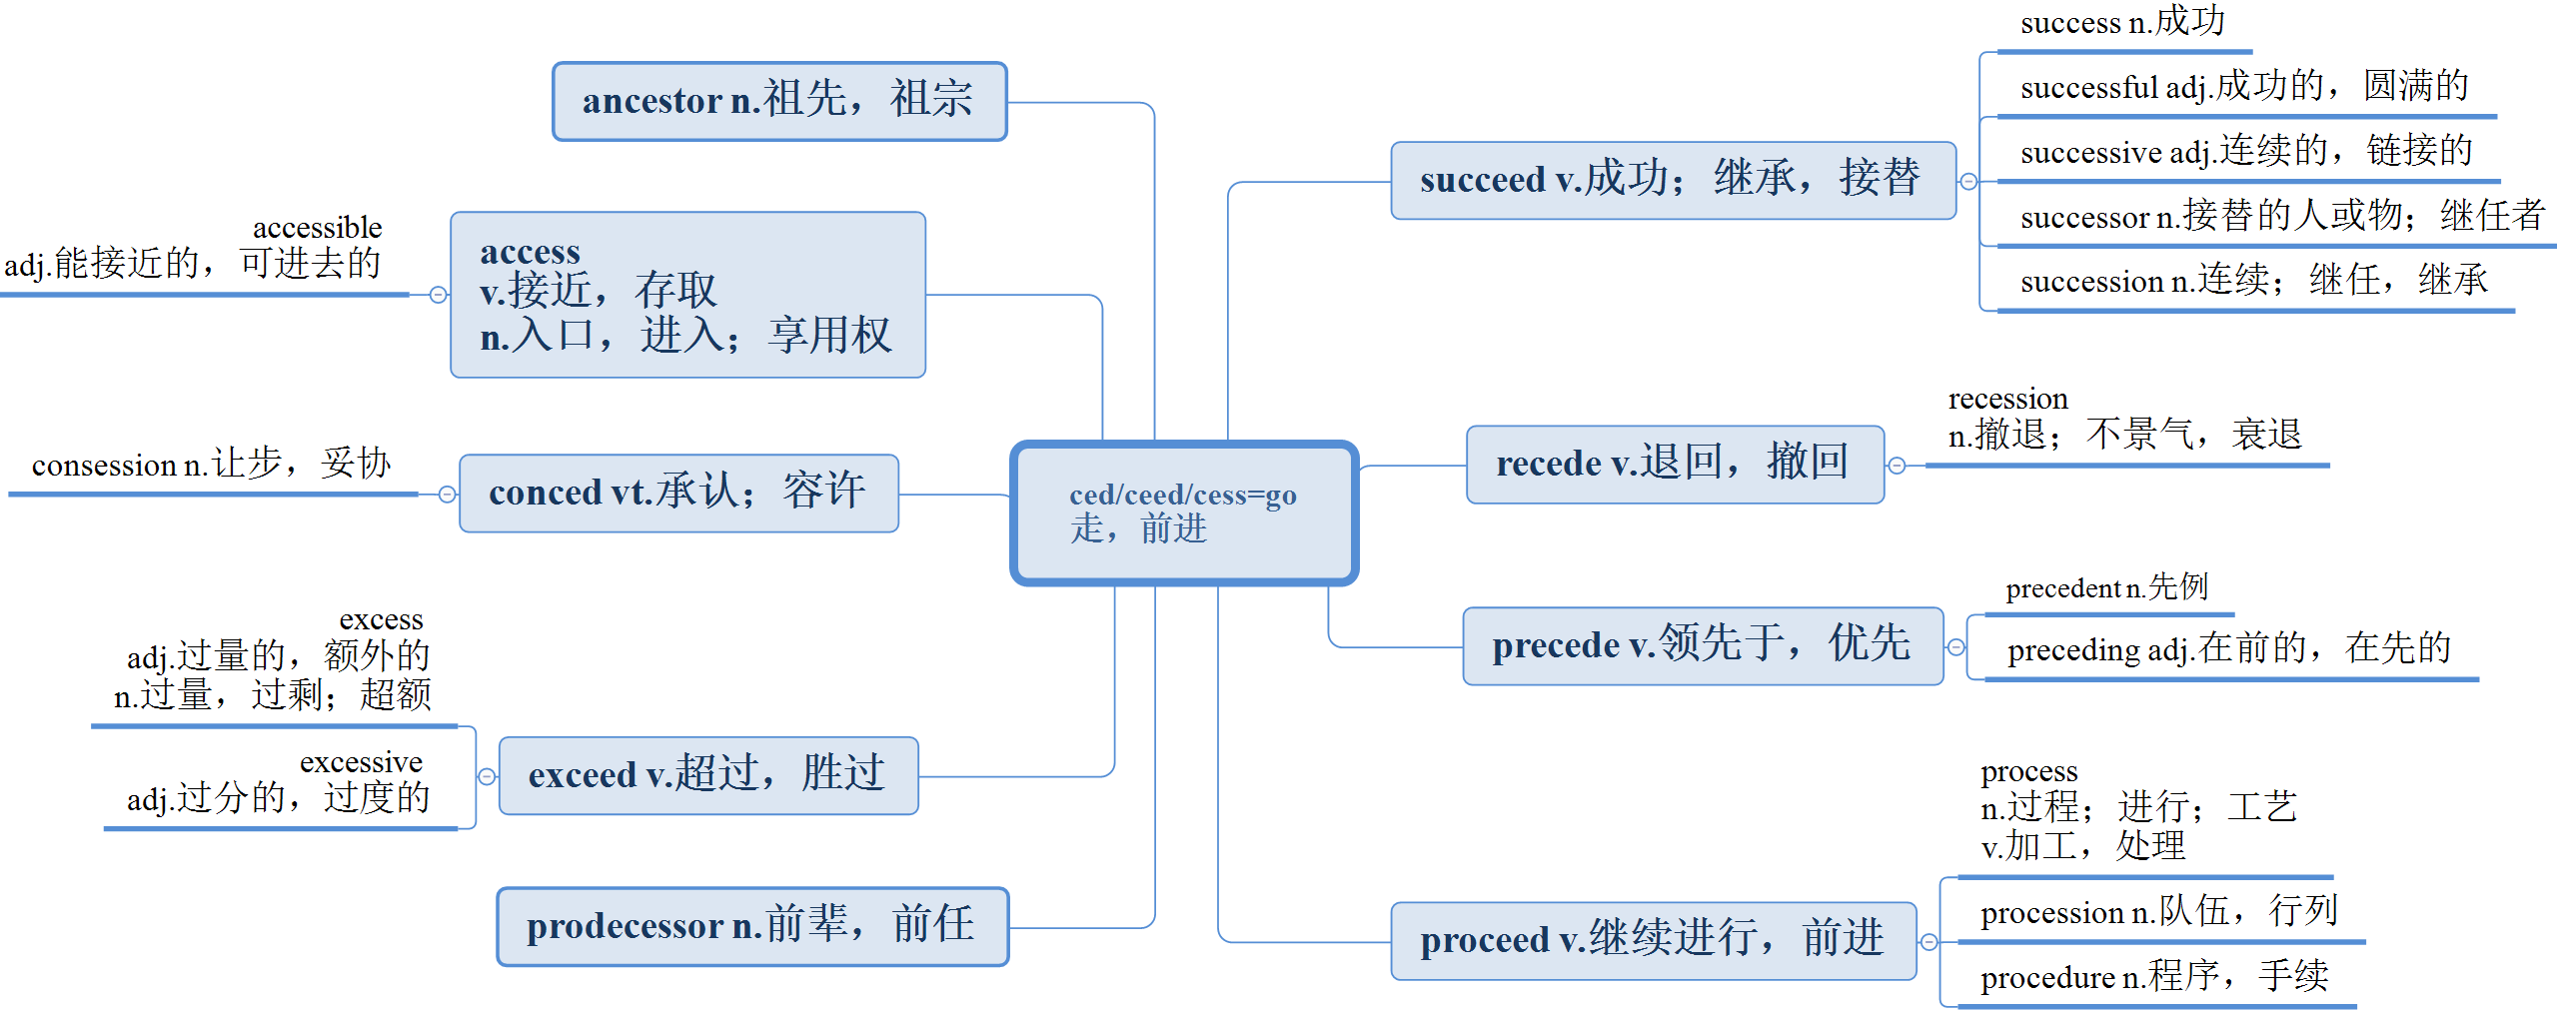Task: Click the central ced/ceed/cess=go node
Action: [x=1184, y=512]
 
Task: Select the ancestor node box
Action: [x=779, y=101]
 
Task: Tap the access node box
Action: [x=687, y=295]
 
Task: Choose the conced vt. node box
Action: [x=678, y=494]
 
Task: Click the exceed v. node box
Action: [x=707, y=776]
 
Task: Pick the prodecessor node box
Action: [x=752, y=927]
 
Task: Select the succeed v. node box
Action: [x=1673, y=181]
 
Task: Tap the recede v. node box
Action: [x=1675, y=465]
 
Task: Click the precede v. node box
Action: [x=1703, y=646]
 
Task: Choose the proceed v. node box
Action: [x=1653, y=941]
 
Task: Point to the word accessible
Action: [x=317, y=228]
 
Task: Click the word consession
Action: [x=104, y=466]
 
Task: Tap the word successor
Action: [x=2084, y=217]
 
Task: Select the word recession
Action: [x=2007, y=399]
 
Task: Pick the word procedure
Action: [x=2047, y=978]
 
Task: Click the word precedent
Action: [x=2062, y=588]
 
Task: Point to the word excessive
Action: [x=361, y=762]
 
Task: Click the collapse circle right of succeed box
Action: [x=1968, y=181]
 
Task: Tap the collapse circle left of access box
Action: [x=438, y=295]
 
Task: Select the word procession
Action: [x=2051, y=913]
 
